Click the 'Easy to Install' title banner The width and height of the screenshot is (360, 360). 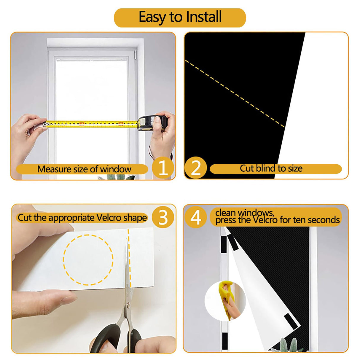coord(180,17)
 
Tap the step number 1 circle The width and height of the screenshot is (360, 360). coord(163,168)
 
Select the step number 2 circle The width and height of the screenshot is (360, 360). coord(196,168)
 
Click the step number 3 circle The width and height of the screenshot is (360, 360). coord(163,217)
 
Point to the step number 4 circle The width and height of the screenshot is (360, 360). coord(196,217)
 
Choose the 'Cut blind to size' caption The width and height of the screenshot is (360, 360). coord(271,168)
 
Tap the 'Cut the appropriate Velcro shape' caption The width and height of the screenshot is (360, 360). coord(82,218)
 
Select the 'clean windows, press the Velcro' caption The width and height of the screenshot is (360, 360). coord(277,217)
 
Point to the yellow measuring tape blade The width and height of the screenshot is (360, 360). coord(89,124)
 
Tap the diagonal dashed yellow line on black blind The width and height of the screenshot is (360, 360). coord(234,94)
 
